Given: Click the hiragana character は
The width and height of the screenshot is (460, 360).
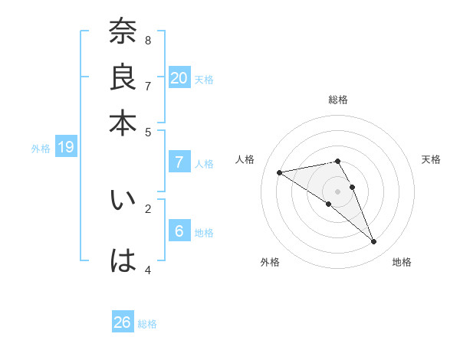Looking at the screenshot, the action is (123, 261).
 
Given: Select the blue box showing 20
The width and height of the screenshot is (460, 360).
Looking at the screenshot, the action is (179, 77).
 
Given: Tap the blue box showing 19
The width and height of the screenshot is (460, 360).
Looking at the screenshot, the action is (65, 147).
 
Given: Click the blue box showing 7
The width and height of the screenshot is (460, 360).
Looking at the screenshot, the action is (179, 162).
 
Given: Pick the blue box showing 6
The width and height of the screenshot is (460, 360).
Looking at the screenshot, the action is (179, 231).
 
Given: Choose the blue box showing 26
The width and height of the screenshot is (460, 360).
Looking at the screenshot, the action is (123, 322).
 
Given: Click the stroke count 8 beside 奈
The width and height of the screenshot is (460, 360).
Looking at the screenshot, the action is (148, 40).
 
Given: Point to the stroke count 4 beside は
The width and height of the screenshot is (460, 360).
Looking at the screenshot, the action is (148, 270).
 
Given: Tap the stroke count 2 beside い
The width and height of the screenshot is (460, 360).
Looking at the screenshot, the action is (148, 208).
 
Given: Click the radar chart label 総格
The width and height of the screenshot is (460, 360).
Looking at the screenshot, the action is (338, 100).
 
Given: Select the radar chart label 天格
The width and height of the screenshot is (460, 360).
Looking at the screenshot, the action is (431, 159).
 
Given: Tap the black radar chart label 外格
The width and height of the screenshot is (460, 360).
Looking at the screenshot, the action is (270, 262).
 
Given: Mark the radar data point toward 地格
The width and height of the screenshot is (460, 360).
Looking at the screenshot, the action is (374, 242).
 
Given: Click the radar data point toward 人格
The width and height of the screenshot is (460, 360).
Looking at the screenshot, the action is (280, 172).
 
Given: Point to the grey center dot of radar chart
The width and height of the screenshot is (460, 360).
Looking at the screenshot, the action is (337, 191).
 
